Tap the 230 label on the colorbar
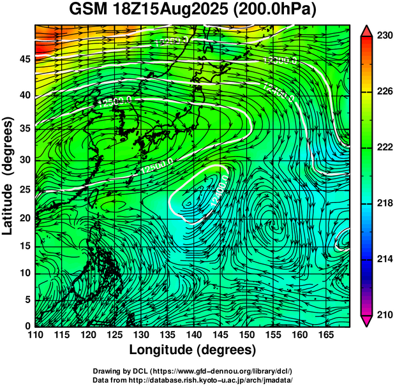tap(384, 36)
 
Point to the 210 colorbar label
tap(384, 315)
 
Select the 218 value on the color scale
tap(384, 204)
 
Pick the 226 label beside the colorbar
tap(384, 92)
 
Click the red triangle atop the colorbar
tap(367, 31)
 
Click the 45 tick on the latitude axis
tap(24, 59)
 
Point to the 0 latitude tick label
tap(27, 326)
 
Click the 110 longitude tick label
tap(36, 335)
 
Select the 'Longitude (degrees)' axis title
tap(193, 350)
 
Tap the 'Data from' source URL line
tap(193, 380)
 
